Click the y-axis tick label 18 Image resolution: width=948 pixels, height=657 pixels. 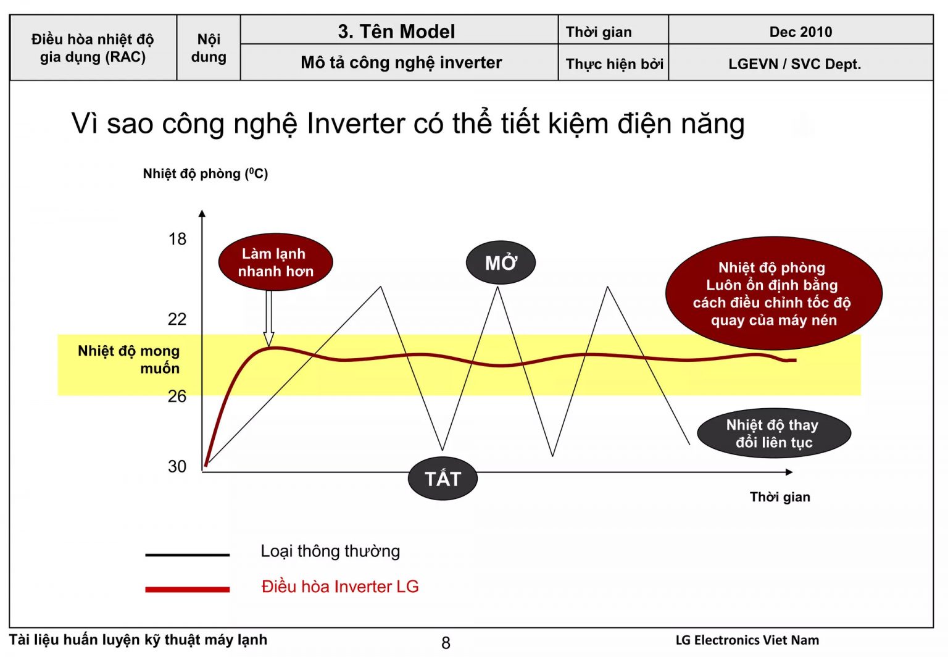pos(177,239)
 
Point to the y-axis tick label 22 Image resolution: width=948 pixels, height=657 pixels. pos(177,319)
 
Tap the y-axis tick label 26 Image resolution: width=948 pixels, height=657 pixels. pos(177,396)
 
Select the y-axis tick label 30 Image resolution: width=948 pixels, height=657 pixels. pos(177,466)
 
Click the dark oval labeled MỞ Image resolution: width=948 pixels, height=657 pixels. pos(501,262)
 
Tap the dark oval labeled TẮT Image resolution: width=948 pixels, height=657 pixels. pos(443,479)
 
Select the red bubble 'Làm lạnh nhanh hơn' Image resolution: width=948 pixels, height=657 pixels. pos(275,262)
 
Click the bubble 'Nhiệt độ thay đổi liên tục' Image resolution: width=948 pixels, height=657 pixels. pos(774,433)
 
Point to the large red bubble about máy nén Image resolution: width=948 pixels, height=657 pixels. pos(773,293)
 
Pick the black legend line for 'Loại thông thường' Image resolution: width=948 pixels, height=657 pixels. pos(188,554)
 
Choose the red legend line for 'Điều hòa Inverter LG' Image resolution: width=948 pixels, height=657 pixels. pos(188,589)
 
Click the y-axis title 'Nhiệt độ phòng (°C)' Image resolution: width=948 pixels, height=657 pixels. pos(206,174)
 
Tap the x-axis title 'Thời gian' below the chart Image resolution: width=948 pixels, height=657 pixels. pos(780,497)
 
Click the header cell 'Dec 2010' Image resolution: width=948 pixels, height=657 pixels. pos(800,32)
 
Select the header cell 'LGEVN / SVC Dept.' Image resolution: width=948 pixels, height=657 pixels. pos(795,64)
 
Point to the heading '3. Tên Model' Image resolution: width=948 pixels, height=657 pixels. pos(397,31)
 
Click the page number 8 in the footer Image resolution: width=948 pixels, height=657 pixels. pos(446,643)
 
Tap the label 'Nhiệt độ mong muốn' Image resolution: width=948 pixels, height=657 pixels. pos(128,359)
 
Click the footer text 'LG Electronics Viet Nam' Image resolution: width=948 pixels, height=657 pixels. pos(747,640)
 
